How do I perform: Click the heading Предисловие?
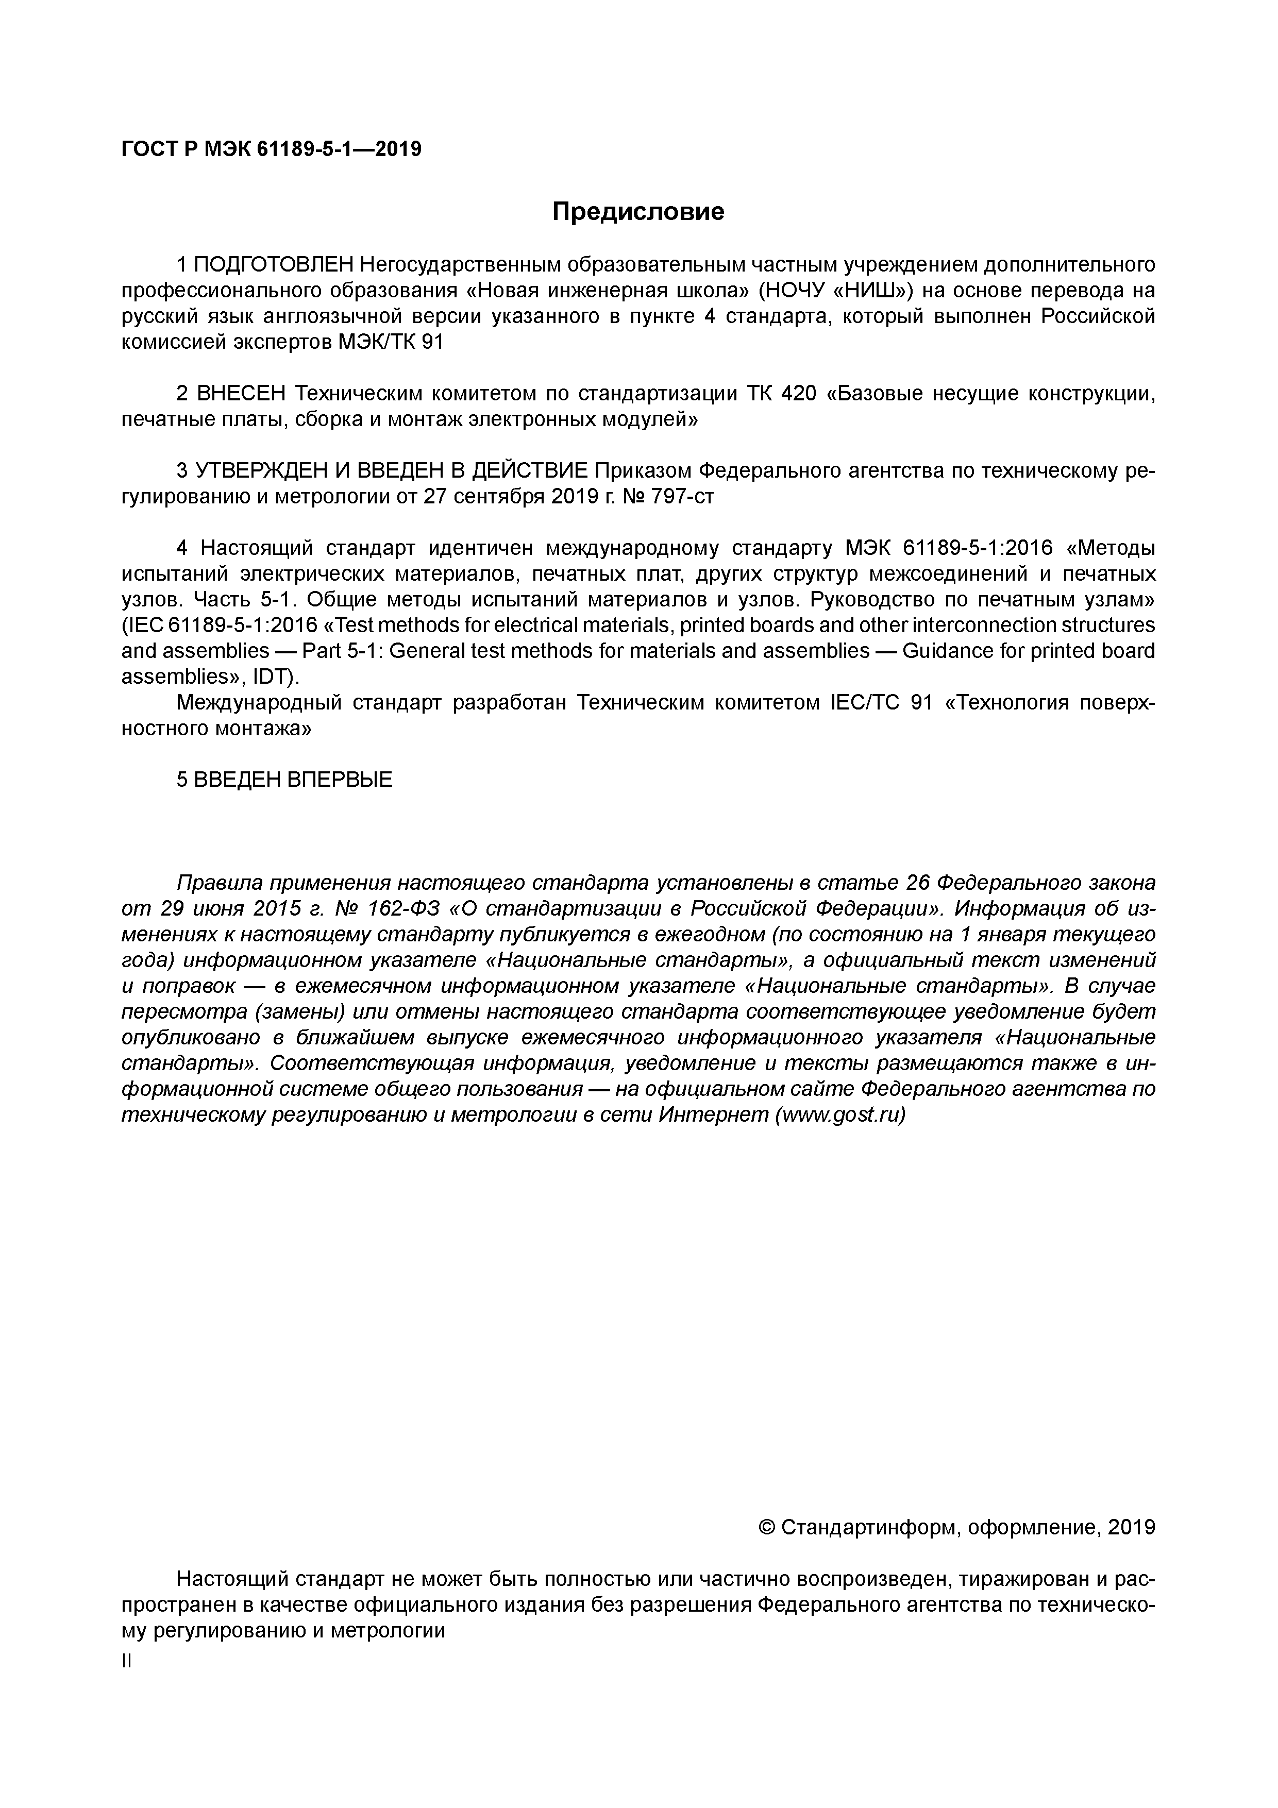(638, 212)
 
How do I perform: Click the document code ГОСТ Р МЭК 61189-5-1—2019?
(272, 149)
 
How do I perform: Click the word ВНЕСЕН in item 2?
(234, 394)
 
